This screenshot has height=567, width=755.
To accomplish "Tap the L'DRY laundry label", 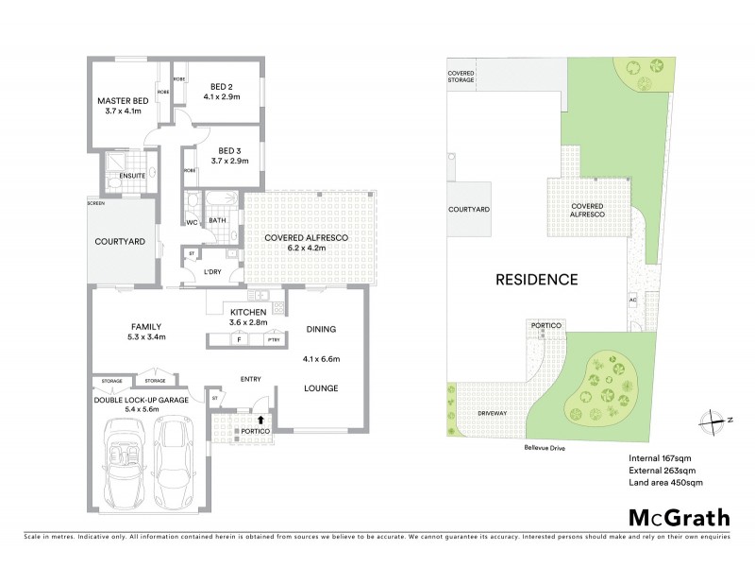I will coord(213,273).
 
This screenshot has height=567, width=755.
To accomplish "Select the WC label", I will coord(191,223).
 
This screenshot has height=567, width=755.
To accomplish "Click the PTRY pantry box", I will coord(274,340).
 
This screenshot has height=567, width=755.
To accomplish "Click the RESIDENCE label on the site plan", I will coord(537,280).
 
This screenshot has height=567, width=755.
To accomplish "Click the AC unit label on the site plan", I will coord(632,301).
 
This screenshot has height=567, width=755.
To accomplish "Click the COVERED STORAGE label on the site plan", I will coord(461,77).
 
